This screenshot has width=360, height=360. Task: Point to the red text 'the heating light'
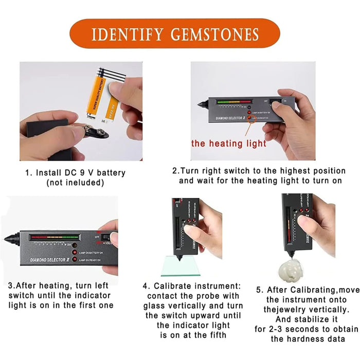(x=229, y=143)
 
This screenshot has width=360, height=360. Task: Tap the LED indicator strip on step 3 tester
(x=55, y=238)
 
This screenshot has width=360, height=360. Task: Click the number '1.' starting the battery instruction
(x=29, y=173)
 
